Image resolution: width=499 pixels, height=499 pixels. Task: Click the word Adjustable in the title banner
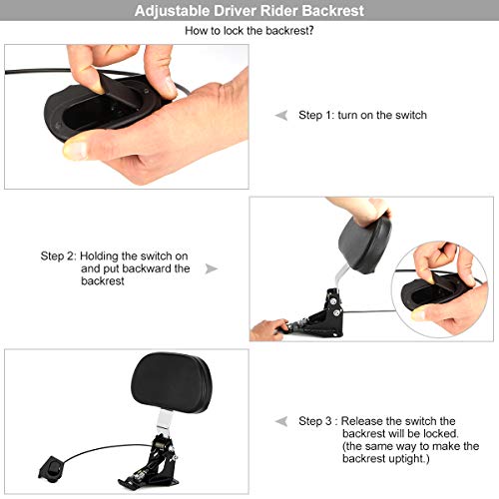[x=172, y=11]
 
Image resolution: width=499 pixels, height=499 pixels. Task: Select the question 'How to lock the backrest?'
[x=249, y=31]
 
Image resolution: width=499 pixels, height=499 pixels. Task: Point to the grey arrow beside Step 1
[x=281, y=115]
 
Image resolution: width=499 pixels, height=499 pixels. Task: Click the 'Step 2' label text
[x=59, y=256]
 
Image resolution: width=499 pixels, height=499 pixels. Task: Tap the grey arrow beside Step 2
[x=212, y=268]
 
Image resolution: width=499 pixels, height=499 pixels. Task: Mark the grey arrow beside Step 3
[x=281, y=421]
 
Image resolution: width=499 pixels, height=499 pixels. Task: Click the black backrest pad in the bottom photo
[x=172, y=383]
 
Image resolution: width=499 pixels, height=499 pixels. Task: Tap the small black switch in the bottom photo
[x=51, y=469]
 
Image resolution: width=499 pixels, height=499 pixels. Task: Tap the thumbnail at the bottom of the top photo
[x=76, y=150]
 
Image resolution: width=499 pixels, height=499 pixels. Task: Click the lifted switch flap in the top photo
[x=120, y=90]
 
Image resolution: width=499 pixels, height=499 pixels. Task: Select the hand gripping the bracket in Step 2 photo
[x=268, y=329]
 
